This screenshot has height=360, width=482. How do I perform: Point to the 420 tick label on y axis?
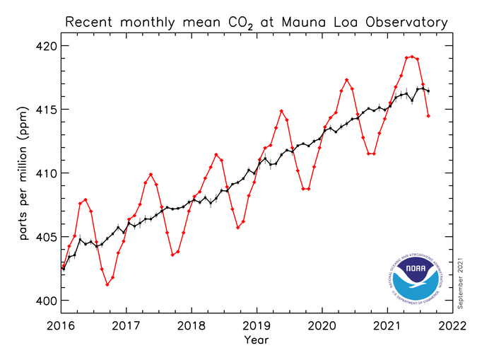46,46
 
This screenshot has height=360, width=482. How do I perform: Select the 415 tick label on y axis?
46,110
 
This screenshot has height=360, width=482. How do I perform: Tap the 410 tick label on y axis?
46,173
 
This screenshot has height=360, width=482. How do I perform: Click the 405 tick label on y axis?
46,237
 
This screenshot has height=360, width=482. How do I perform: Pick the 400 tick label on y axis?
46,301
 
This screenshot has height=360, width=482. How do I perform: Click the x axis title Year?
257,340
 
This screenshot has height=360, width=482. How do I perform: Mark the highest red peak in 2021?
412,57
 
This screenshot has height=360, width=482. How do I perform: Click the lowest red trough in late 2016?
107,284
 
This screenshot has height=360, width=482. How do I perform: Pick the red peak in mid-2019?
281,111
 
